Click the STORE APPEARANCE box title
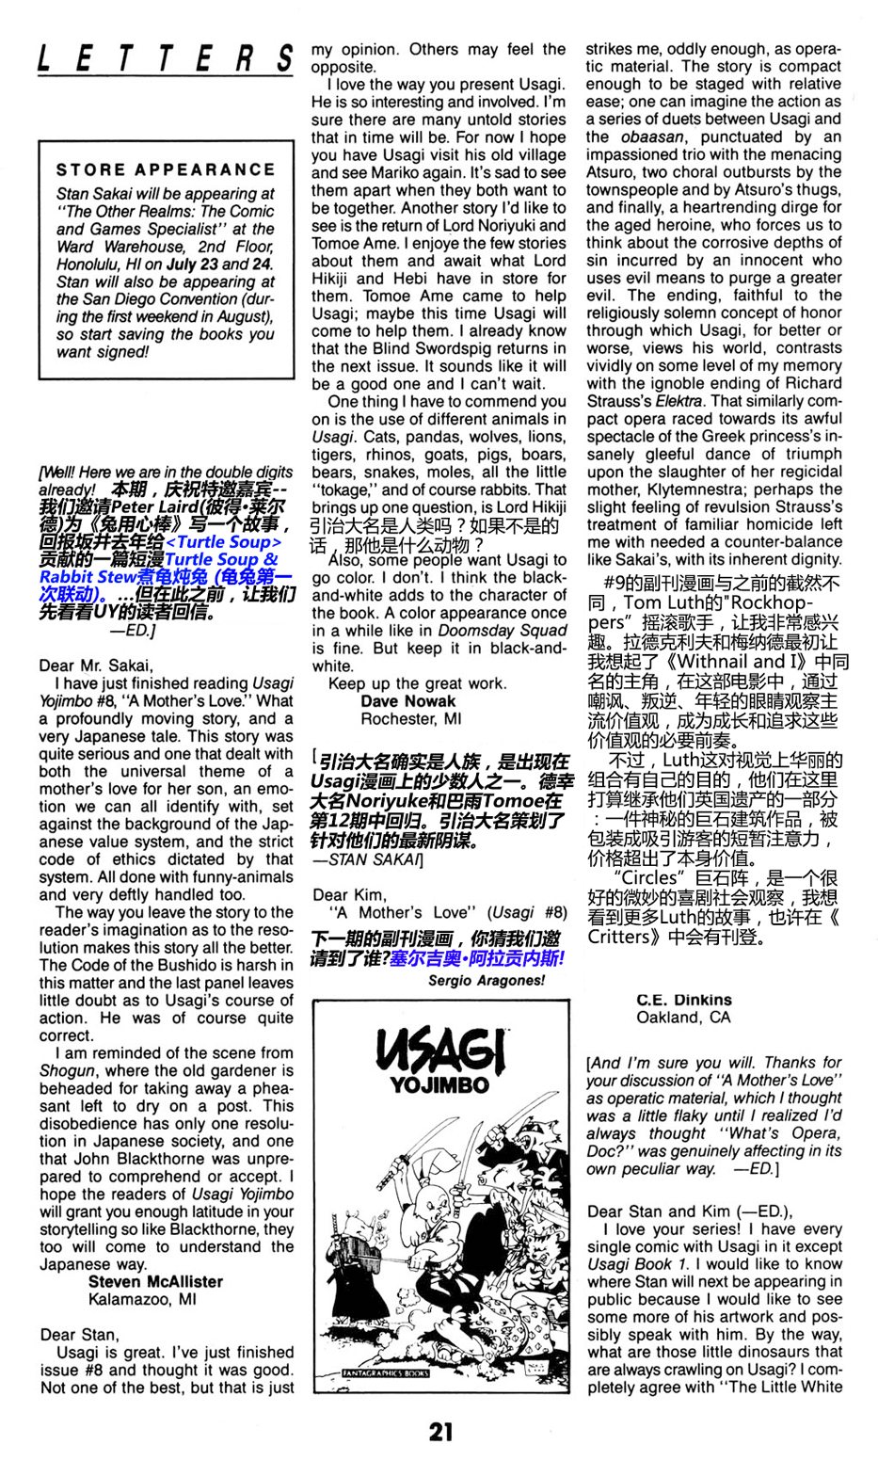coord(166,170)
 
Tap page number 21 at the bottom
coord(440,1432)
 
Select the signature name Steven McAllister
coord(155,1281)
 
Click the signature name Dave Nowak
coord(407,701)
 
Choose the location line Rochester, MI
coord(411,719)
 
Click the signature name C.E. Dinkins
coord(683,1000)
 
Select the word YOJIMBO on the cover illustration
coord(439,1084)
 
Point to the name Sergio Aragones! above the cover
coord(486,980)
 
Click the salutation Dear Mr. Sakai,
coord(97,666)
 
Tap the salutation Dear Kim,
coord(349,894)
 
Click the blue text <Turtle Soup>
coord(223,542)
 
